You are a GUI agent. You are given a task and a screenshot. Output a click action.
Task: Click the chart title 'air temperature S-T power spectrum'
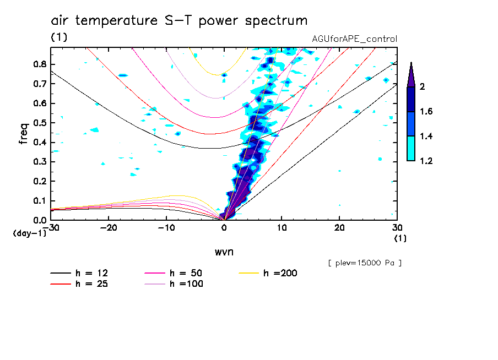click(179, 21)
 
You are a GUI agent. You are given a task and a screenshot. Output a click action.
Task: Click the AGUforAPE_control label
click(354, 39)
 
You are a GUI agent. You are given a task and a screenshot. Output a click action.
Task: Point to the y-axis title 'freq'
click(23, 134)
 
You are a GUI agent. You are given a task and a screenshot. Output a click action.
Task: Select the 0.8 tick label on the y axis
click(40, 64)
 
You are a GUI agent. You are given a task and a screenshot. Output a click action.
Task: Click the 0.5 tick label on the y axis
click(40, 122)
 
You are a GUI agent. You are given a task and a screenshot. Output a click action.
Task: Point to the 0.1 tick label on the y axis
click(40, 200)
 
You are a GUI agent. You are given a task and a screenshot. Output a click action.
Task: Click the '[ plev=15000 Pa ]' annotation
click(365, 263)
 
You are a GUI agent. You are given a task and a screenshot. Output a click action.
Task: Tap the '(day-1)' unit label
click(30, 233)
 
